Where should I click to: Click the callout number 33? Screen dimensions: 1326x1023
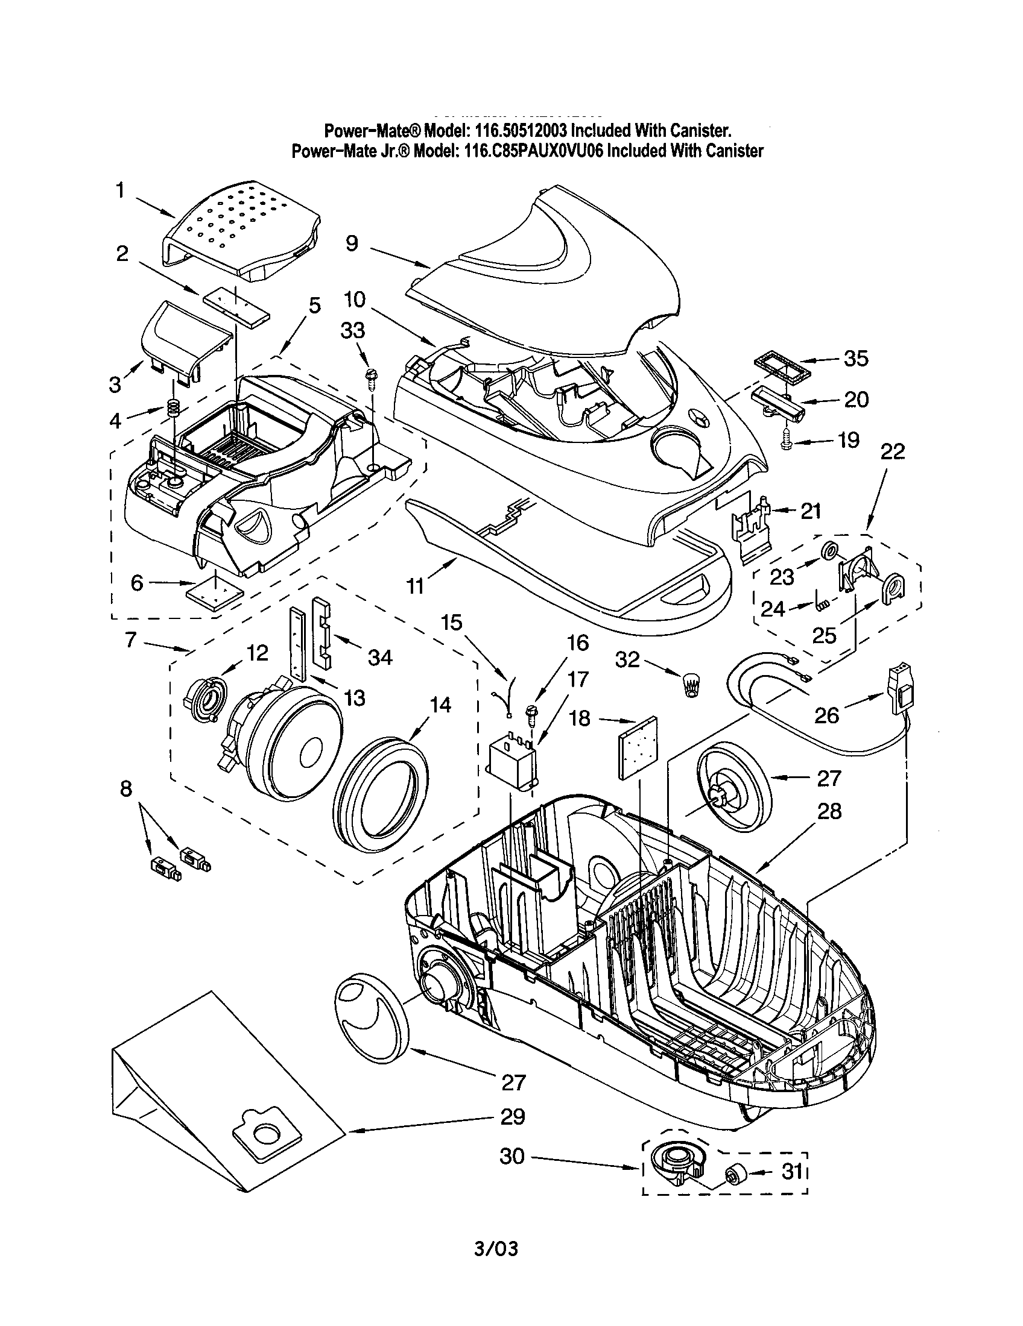352,330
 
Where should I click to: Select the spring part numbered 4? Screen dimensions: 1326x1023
174,409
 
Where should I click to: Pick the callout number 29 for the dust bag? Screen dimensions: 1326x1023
512,1116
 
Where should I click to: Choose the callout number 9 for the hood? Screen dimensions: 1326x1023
352,244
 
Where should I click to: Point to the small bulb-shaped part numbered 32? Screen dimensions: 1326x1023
691,685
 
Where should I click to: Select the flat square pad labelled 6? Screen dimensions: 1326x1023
215,591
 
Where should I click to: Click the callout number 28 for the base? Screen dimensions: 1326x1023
829,811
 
